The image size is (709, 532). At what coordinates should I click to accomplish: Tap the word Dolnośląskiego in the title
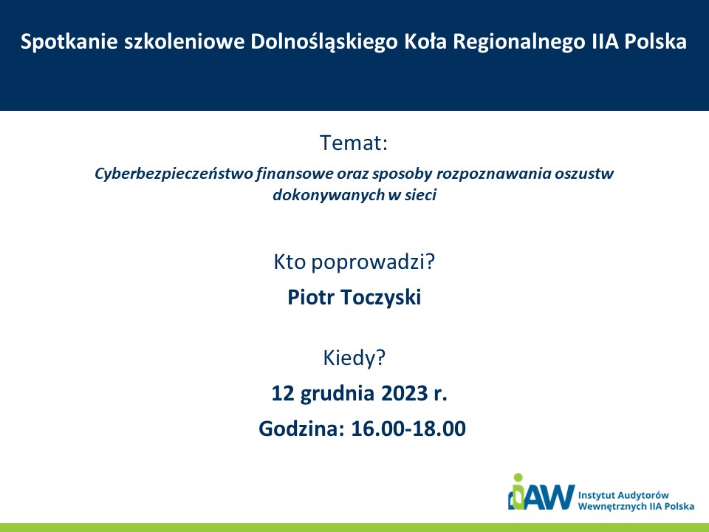[x=323, y=42]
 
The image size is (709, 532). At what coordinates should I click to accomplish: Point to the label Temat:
[x=354, y=143]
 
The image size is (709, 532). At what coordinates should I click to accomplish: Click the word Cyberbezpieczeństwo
[x=174, y=174]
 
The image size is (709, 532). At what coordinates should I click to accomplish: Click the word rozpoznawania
[x=493, y=174]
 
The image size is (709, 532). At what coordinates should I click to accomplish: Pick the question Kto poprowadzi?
[x=354, y=262]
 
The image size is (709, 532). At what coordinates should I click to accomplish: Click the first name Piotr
[x=312, y=297]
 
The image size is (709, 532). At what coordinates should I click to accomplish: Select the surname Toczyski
[x=381, y=298]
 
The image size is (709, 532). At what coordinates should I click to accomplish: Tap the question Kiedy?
[x=354, y=358]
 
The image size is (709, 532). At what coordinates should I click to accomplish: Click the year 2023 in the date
[x=405, y=393]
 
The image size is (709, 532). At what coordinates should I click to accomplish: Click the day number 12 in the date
[x=283, y=393]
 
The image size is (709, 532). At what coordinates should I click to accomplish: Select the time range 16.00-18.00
[x=408, y=429]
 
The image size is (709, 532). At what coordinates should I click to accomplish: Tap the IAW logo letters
[x=541, y=493]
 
